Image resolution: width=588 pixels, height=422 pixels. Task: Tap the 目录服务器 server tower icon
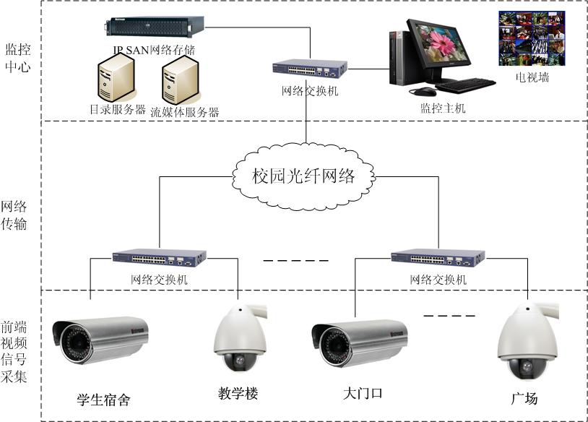[x=116, y=79]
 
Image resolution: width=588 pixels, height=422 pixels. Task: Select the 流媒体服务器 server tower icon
[x=181, y=80]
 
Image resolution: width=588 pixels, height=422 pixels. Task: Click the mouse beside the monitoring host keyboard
[x=423, y=92]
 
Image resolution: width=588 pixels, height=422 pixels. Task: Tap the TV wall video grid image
[x=531, y=40]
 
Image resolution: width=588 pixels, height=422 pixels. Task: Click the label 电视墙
[x=532, y=77]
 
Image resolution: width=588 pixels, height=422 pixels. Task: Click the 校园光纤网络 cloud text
[x=304, y=176]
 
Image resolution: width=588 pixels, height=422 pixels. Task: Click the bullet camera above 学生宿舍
[x=100, y=339]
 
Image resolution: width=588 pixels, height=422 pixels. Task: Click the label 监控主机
[x=443, y=108]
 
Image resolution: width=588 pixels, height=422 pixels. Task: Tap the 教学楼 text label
[x=238, y=394]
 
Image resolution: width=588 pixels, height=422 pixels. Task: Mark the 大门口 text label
[x=362, y=395]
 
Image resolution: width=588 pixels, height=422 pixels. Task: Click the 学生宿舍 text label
[x=103, y=399]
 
